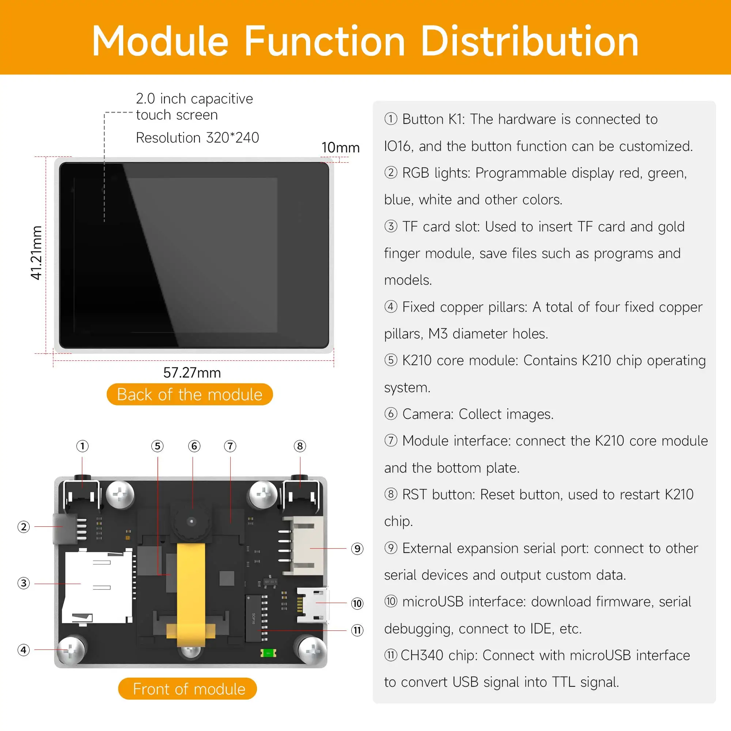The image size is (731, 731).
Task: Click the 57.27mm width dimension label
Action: coord(192,373)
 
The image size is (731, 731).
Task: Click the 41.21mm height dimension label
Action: coord(36,253)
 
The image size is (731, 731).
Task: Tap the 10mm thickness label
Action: coord(340,148)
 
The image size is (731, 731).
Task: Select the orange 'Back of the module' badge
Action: coord(190,394)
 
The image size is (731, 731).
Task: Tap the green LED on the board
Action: coord(268,653)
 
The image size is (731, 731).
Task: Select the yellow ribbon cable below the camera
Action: coord(191,590)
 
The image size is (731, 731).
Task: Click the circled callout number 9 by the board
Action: coord(357,549)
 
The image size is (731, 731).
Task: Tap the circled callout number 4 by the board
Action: coord(23,650)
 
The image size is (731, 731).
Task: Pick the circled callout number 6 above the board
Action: coord(194,446)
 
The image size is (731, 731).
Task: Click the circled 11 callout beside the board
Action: coord(357,630)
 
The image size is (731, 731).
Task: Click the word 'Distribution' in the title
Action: coord(529,42)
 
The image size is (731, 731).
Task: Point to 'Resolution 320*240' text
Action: coord(197,138)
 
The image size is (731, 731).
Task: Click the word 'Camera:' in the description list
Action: coord(428,414)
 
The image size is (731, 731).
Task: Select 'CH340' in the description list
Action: coord(421,655)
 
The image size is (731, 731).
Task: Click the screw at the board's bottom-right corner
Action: coord(312,650)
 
